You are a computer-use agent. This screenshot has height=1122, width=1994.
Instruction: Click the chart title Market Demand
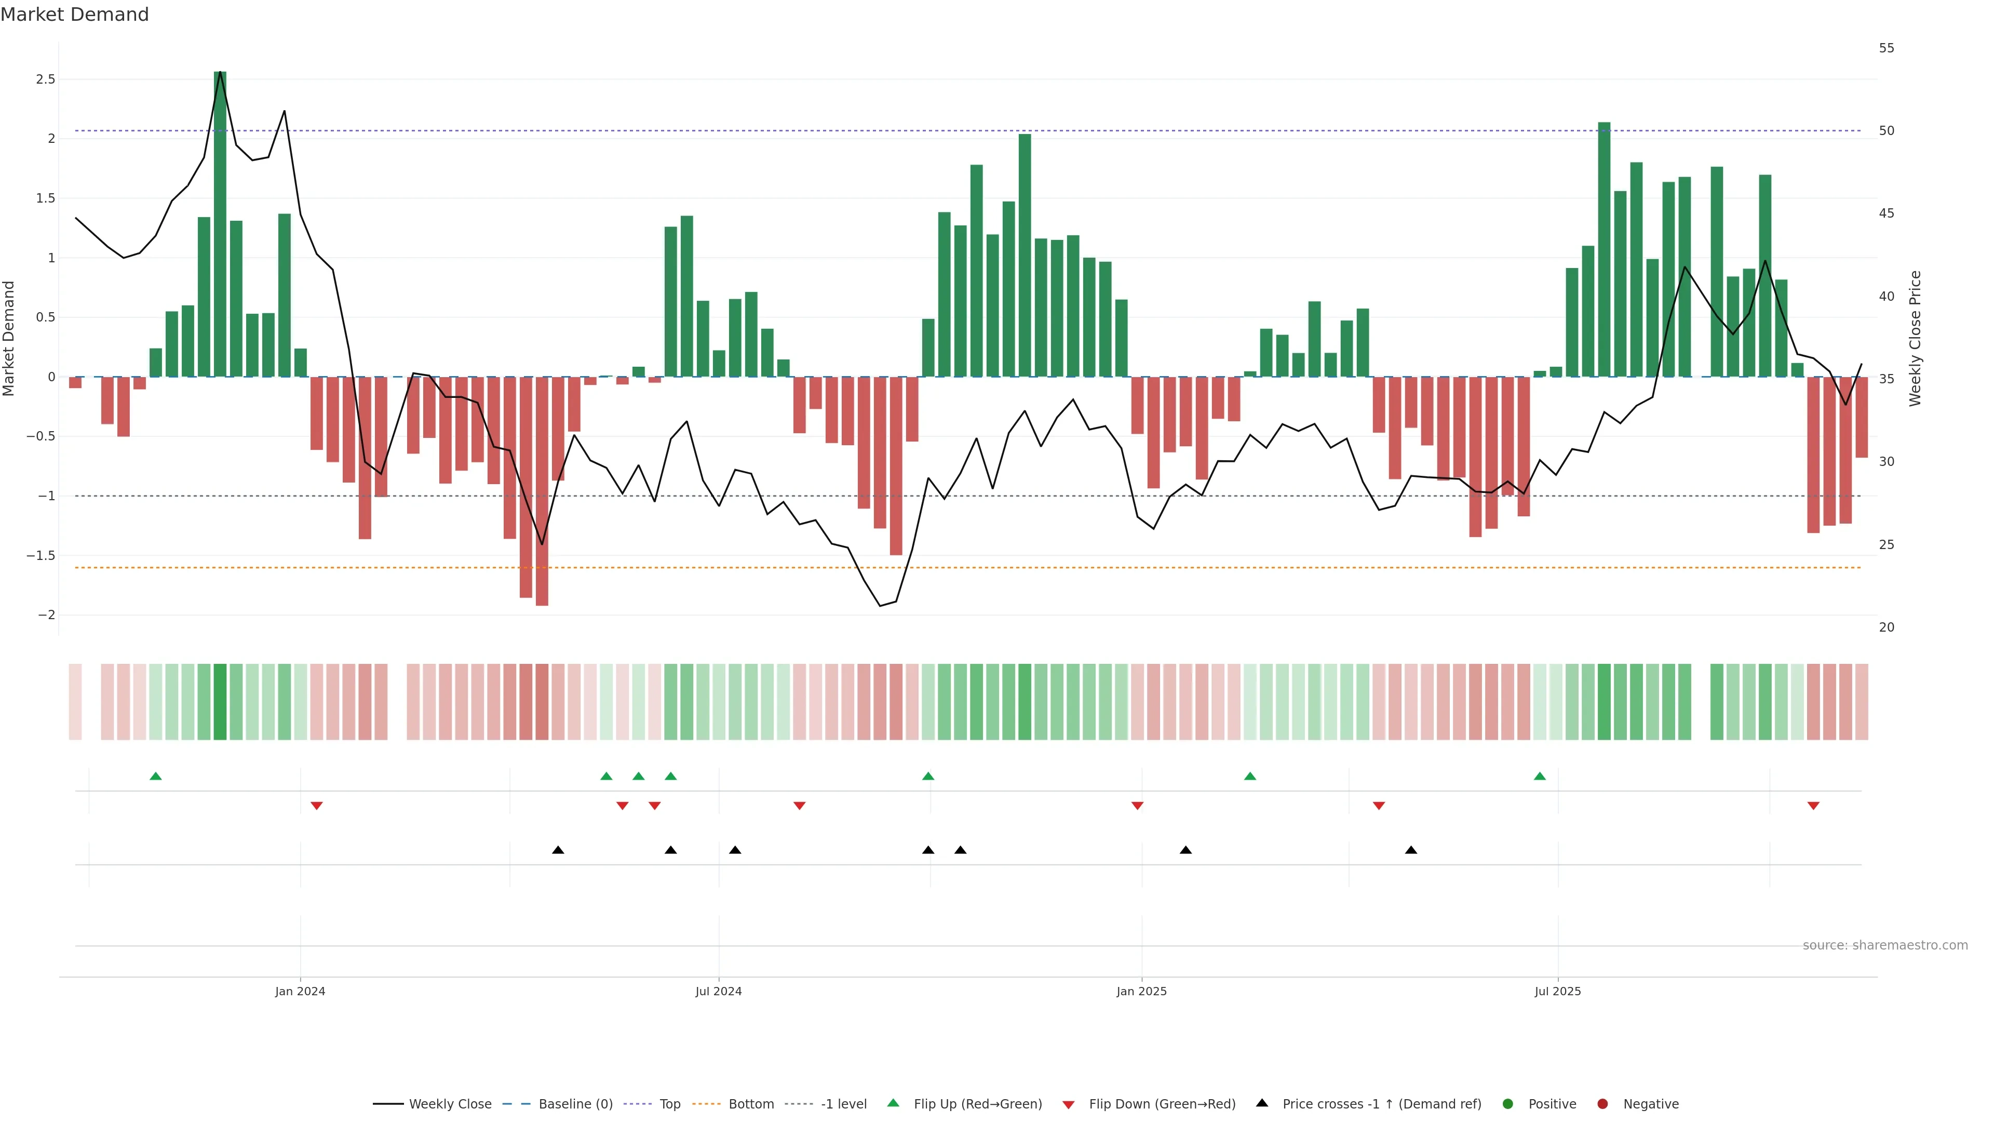[74, 15]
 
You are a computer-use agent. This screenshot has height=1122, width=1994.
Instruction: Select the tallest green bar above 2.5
[220, 224]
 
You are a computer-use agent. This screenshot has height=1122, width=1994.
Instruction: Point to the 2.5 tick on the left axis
[46, 79]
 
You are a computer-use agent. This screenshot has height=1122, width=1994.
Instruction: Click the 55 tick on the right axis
[1887, 48]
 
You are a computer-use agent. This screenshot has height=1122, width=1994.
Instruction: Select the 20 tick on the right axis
[1887, 627]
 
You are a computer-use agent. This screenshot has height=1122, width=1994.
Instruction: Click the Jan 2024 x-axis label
[300, 991]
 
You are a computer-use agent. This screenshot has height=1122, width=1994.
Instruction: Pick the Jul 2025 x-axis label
[1557, 991]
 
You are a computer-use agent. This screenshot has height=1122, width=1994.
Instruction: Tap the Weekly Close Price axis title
[1915, 338]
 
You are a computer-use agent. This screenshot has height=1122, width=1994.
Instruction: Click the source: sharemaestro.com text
[1885, 945]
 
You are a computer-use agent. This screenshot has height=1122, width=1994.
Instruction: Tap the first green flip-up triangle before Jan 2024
[156, 776]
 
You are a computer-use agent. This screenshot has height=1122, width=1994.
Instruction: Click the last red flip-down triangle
[1813, 806]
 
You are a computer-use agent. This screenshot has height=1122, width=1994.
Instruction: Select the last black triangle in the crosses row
[1411, 850]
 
